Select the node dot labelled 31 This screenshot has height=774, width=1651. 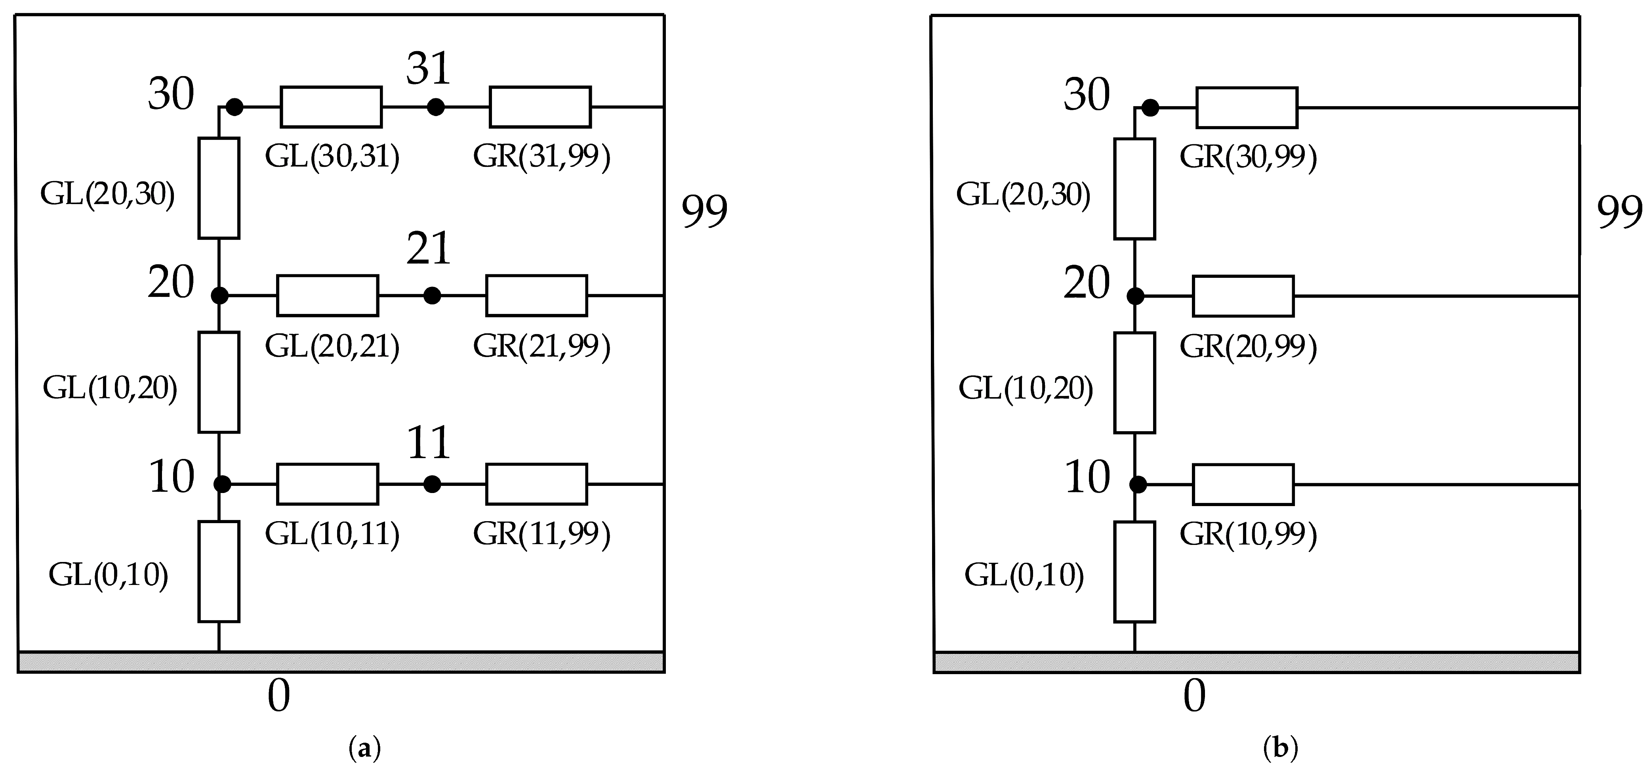tap(436, 107)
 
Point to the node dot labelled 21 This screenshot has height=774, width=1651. tap(432, 296)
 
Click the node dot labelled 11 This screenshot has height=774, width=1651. tap(432, 484)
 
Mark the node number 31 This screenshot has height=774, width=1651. tap(428, 69)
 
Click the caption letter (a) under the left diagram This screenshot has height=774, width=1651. tap(365, 748)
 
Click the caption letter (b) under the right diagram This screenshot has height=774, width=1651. tap(1281, 748)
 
